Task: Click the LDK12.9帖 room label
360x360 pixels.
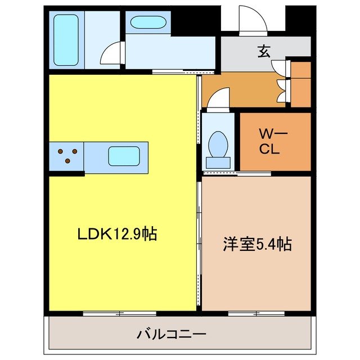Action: click(116, 234)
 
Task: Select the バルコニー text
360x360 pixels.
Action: click(172, 334)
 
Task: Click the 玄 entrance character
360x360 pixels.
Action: click(264, 51)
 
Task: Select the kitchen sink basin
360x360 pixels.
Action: click(124, 156)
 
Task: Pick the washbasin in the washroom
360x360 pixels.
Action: click(147, 23)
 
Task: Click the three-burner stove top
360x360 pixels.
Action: click(66, 156)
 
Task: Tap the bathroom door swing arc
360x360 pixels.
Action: click(111, 53)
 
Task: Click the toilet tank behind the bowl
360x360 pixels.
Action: click(217, 162)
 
